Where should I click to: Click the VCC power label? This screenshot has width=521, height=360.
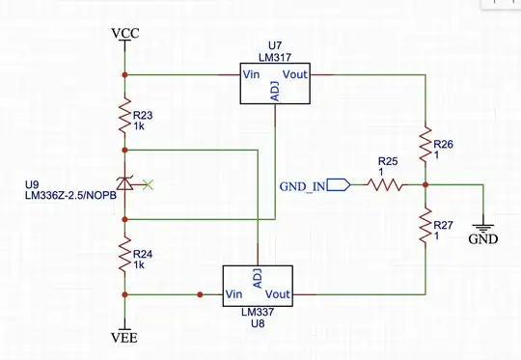[x=125, y=34]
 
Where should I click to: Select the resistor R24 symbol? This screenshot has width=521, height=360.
[x=124, y=256]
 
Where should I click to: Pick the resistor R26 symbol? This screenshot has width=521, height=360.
[x=425, y=145]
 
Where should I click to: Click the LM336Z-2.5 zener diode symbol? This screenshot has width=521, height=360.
[x=124, y=183]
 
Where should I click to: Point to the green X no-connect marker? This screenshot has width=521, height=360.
[x=147, y=183]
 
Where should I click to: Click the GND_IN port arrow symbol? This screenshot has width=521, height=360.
[x=338, y=183]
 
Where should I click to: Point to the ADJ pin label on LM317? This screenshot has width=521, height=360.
[x=276, y=91]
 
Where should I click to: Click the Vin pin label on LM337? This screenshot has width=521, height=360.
[x=234, y=293]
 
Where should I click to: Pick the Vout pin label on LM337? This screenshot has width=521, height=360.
[x=278, y=293]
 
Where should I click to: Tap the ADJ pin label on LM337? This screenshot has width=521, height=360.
[x=257, y=278]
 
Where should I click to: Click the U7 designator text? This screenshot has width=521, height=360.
[x=276, y=44]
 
